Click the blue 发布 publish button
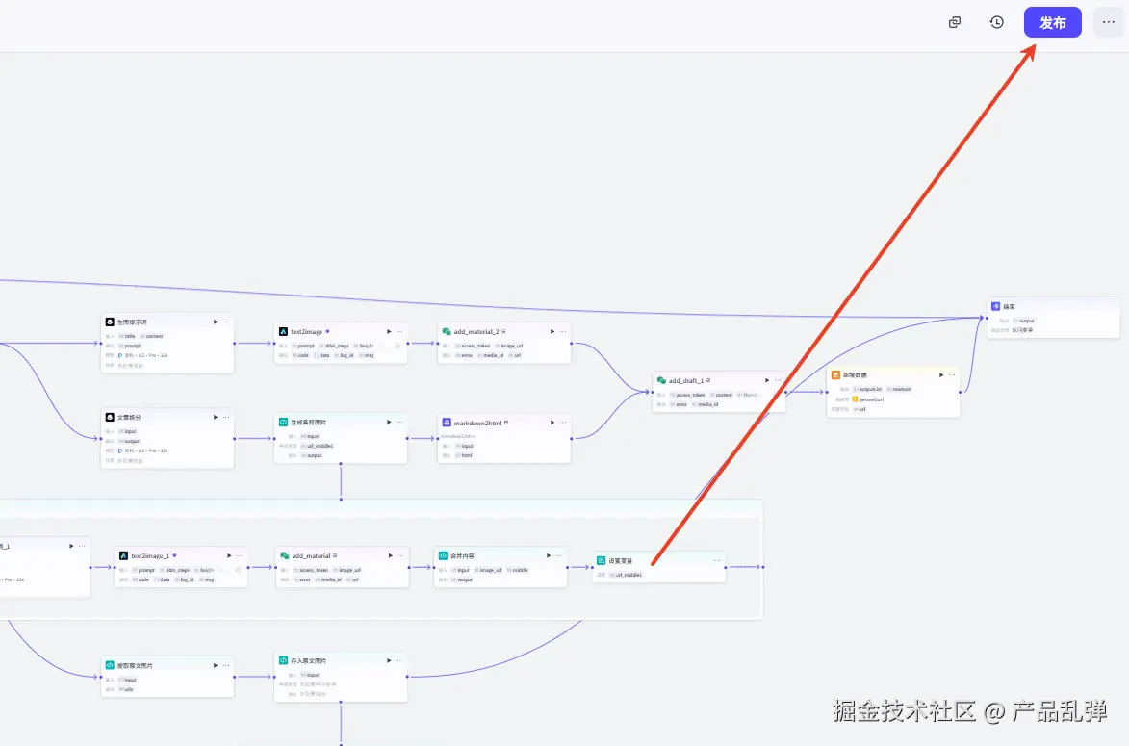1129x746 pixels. (1052, 22)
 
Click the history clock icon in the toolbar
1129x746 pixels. (997, 22)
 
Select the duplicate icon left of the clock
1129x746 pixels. (955, 22)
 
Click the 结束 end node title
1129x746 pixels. (1010, 306)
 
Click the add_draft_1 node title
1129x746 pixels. (686, 380)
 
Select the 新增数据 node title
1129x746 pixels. (855, 374)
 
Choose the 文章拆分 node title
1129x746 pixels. (129, 417)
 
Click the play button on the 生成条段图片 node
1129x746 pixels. (389, 422)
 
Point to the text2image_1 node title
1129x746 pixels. (150, 555)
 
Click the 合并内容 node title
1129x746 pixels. (462, 555)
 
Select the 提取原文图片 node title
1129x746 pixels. (135, 665)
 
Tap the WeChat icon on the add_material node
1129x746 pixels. (285, 555)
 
